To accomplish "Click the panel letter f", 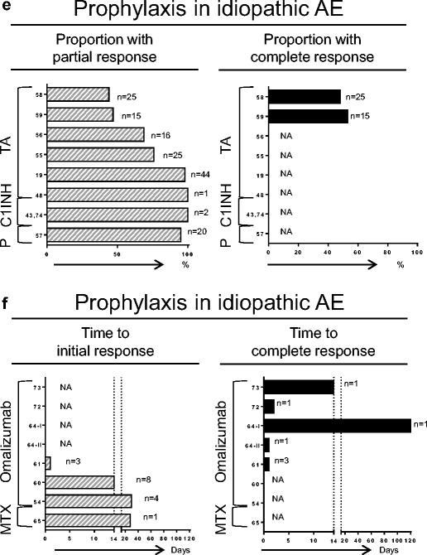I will (x=7, y=292).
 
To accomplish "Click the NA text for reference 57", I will (x=286, y=235).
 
